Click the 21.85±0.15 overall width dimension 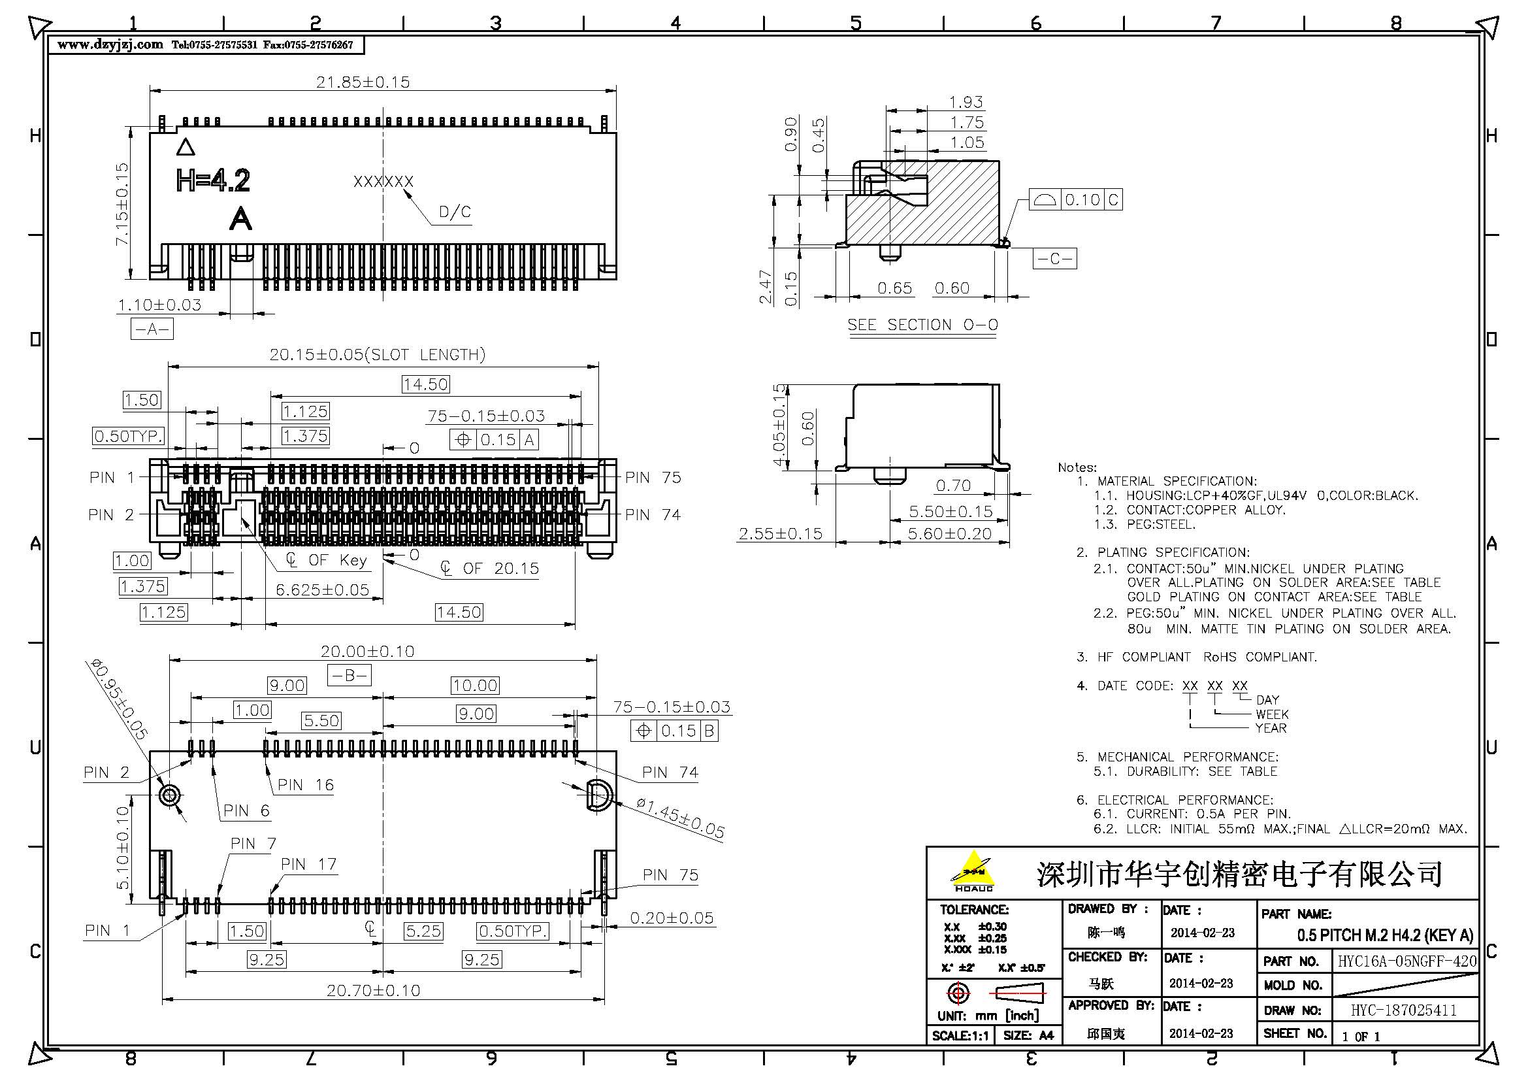tap(363, 82)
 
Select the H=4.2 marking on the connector tap(213, 180)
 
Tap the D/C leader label tap(455, 212)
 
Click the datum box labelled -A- tap(152, 329)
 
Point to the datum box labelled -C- tap(1054, 258)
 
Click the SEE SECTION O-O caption tap(922, 325)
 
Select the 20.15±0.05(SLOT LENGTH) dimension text tap(378, 354)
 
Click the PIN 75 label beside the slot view tap(653, 477)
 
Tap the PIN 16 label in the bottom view tap(306, 785)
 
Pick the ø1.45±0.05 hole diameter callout tap(680, 818)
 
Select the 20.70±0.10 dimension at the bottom tap(374, 990)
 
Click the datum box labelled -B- tap(349, 676)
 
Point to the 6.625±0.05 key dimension tap(322, 590)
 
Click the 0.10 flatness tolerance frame tap(1075, 200)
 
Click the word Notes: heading tap(1077, 467)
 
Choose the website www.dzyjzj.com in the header tap(110, 44)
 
